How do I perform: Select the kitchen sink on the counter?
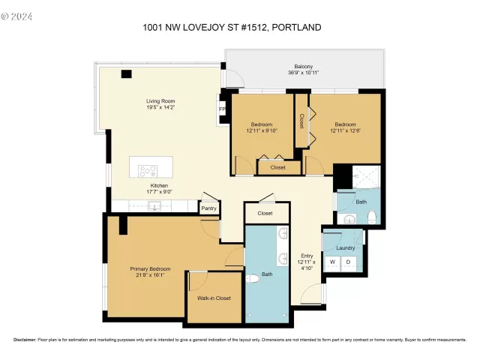click(155, 205)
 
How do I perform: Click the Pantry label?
click(208, 208)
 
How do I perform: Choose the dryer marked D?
click(347, 262)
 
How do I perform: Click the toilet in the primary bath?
click(252, 279)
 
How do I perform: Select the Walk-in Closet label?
click(214, 298)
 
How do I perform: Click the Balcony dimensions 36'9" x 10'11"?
click(304, 73)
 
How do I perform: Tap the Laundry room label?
click(345, 247)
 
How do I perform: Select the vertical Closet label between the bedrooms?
click(301, 120)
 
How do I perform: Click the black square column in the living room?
click(125, 73)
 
